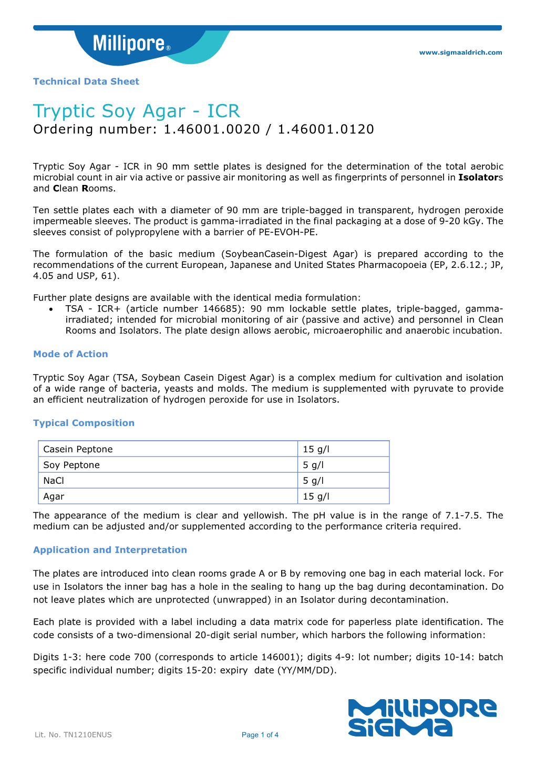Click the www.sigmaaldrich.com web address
[460, 53]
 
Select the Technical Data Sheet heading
[86, 81]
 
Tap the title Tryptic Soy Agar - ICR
[137, 111]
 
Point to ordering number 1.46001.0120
[326, 129]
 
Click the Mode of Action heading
[70, 354]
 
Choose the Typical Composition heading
[84, 423]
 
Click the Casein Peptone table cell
[78, 449]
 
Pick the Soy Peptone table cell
[71, 465]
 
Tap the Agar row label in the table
[54, 496]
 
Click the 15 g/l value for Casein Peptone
[316, 449]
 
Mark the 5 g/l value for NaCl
[313, 481]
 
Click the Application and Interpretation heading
[110, 550]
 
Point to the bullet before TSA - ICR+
[50, 309]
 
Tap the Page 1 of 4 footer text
[260, 735]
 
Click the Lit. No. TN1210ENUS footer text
[73, 735]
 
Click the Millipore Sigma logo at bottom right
[422, 718]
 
